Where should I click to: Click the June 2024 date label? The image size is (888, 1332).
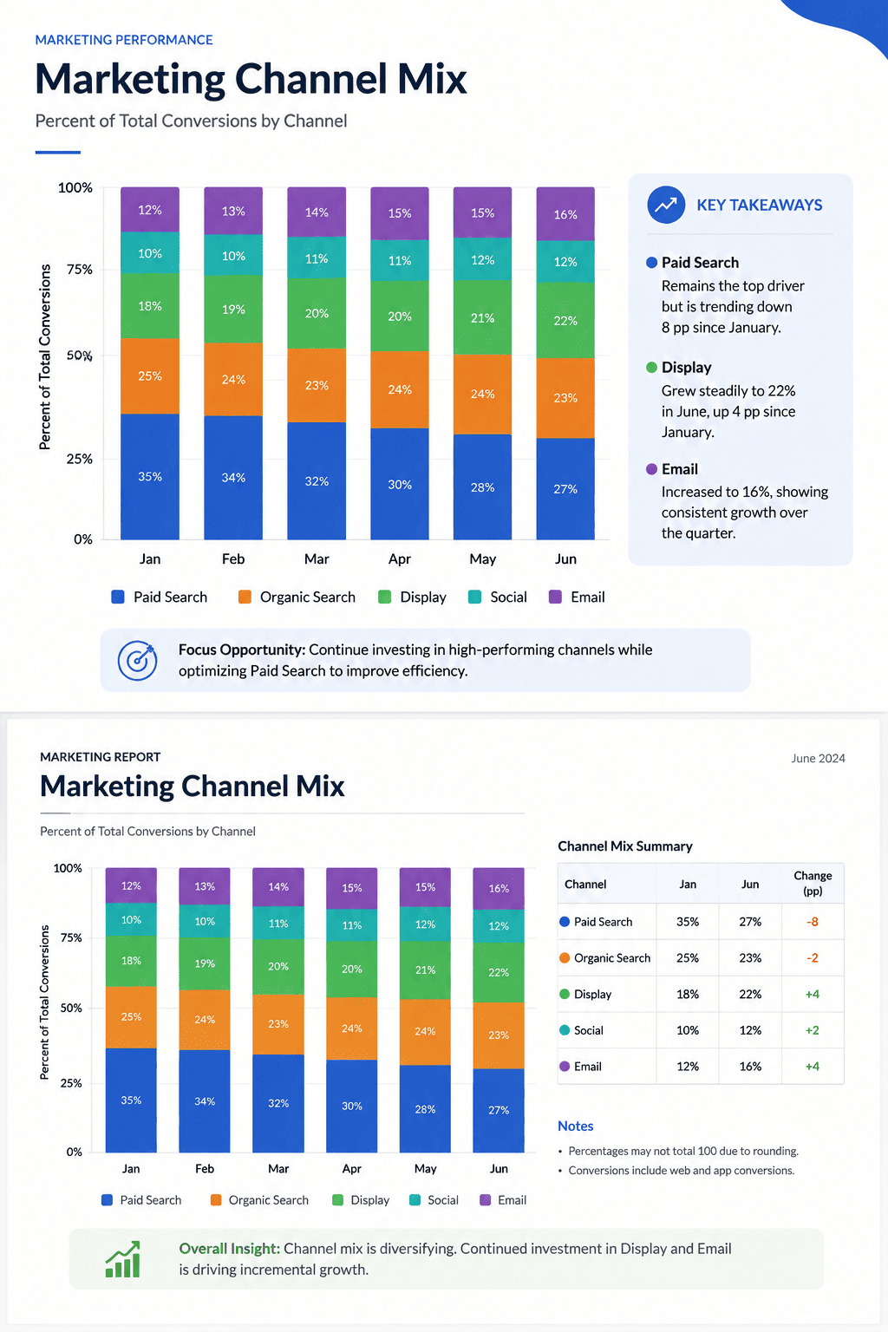point(818,758)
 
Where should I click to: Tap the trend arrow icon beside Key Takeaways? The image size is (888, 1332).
point(665,205)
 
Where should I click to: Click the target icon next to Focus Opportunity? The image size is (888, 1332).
point(137,660)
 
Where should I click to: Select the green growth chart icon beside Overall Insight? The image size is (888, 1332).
point(123,1259)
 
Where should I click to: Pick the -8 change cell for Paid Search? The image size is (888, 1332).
point(812,922)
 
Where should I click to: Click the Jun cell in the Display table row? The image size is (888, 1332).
point(750,995)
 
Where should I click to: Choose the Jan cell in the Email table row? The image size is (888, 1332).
point(688,1066)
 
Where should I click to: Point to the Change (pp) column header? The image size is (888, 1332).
point(813,883)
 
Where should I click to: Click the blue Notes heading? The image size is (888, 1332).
point(575,1126)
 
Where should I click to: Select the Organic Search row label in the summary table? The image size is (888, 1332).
point(612,958)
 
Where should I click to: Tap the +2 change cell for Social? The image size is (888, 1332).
point(812,1030)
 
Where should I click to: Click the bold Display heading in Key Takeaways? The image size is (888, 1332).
point(686,368)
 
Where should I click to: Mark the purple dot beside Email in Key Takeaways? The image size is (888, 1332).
point(651,469)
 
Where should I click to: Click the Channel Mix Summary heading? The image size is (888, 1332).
point(625,846)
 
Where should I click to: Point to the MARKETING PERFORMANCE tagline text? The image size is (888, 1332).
point(124,40)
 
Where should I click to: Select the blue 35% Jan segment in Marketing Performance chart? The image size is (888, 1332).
point(150,476)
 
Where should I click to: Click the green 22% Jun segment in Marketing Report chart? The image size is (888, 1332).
point(499,972)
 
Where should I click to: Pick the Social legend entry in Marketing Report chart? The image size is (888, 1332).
point(434,1200)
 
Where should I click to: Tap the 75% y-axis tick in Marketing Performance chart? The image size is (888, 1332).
point(80,270)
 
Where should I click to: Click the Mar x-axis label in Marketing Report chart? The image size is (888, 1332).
point(278,1168)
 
